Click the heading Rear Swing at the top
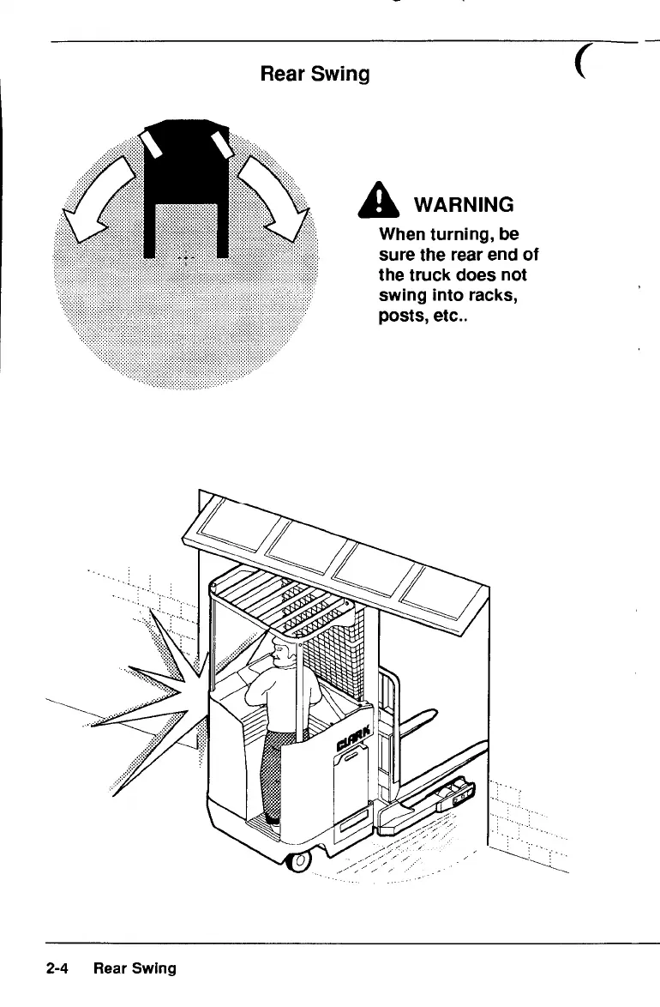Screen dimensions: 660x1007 pos(315,75)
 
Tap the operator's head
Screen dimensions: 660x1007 pos(285,651)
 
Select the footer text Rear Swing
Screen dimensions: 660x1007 pos(135,968)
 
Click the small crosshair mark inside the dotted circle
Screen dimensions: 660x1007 pos(185,259)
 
